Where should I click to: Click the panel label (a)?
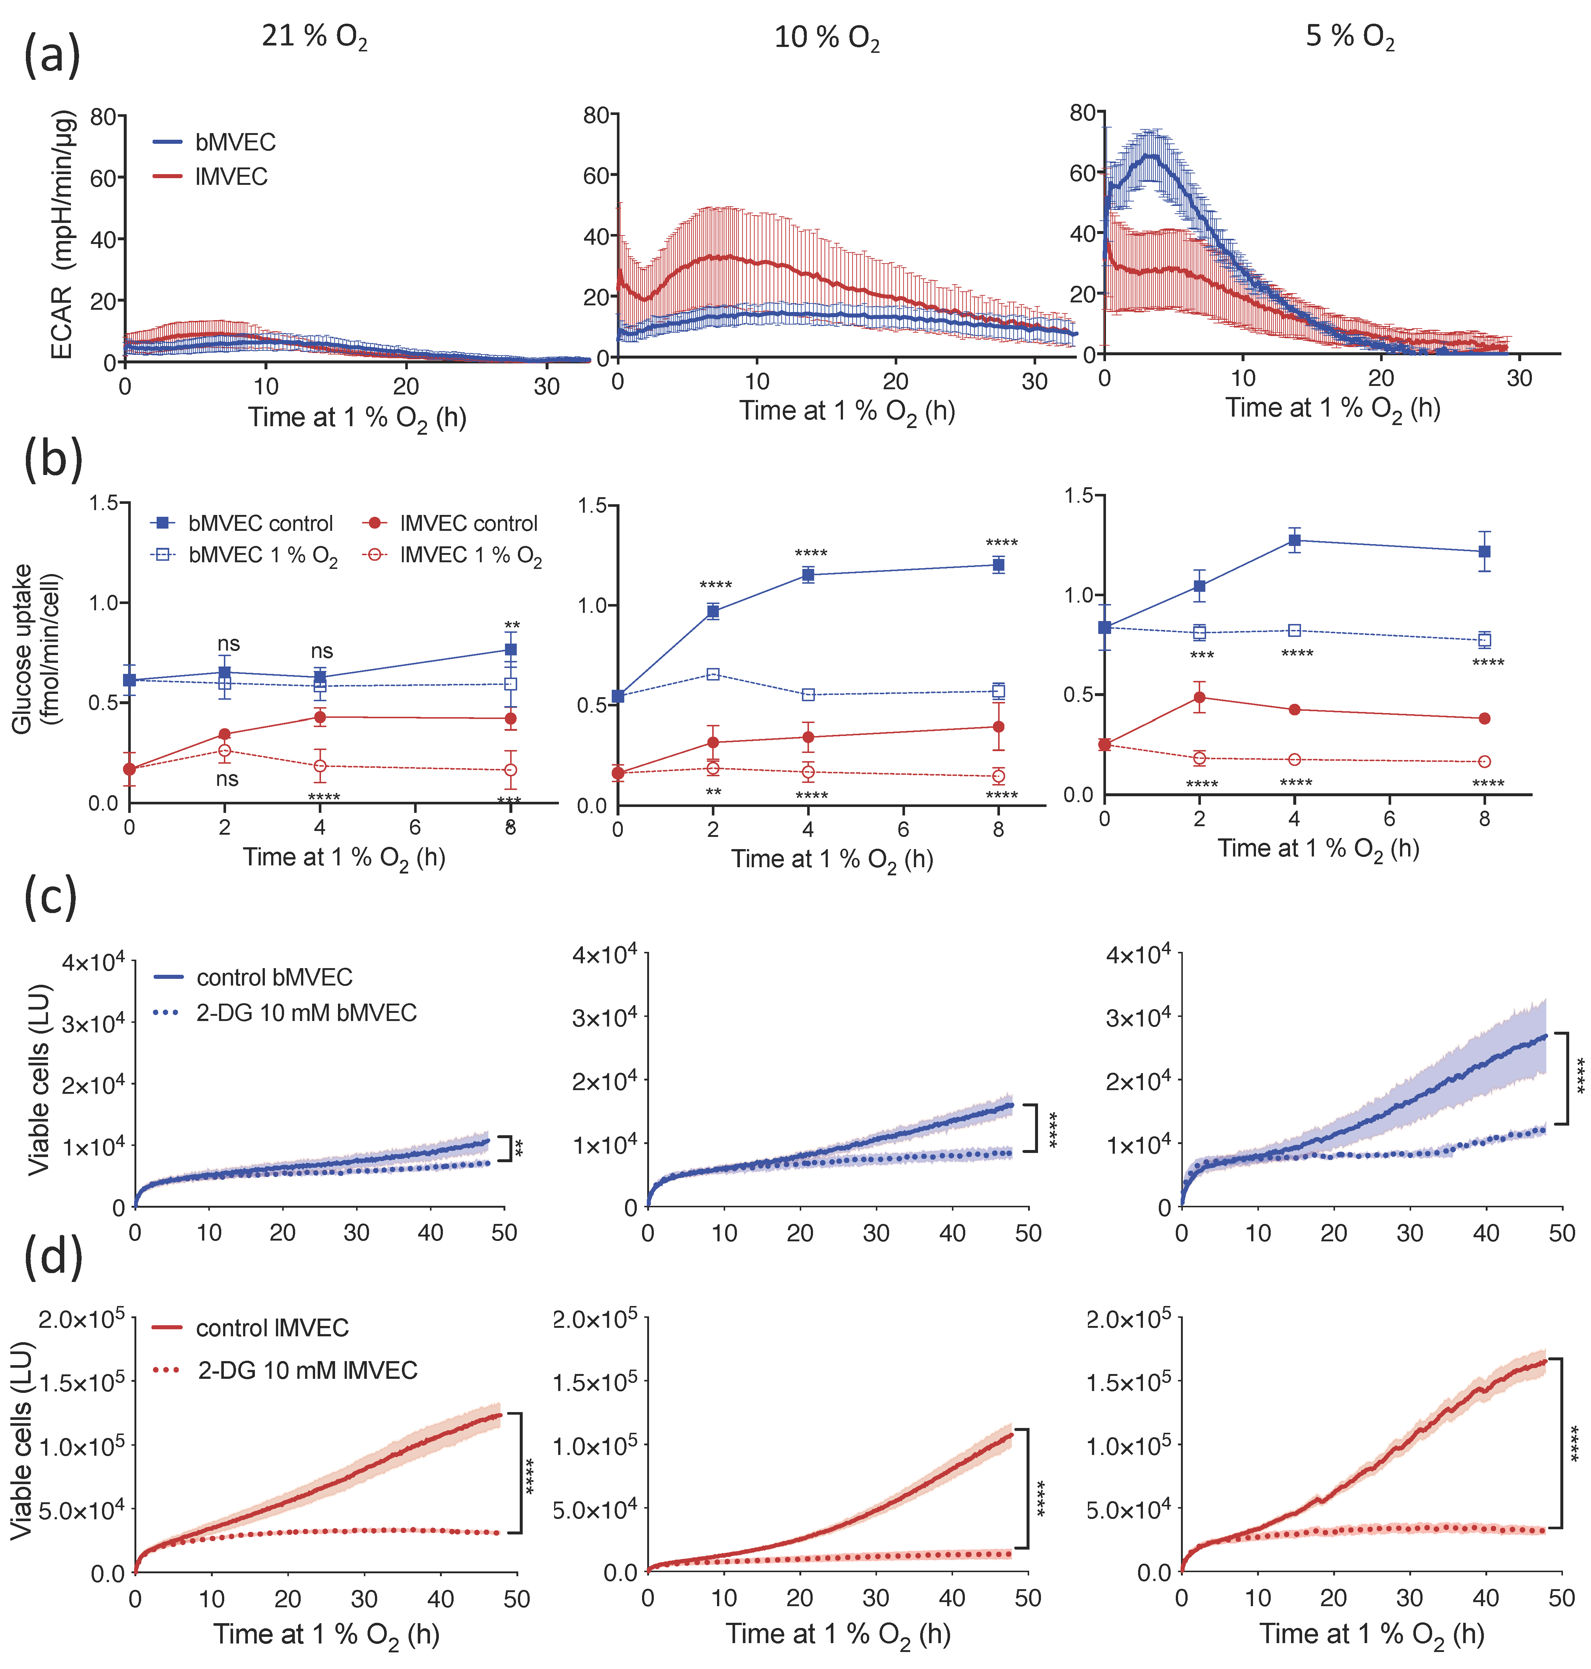[x=52, y=56]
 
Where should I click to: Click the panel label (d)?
[x=52, y=1256]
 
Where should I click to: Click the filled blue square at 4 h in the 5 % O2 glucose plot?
[x=1294, y=540]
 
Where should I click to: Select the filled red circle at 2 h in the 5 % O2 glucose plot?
[x=1199, y=698]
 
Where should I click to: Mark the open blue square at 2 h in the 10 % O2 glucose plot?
[x=713, y=675]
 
